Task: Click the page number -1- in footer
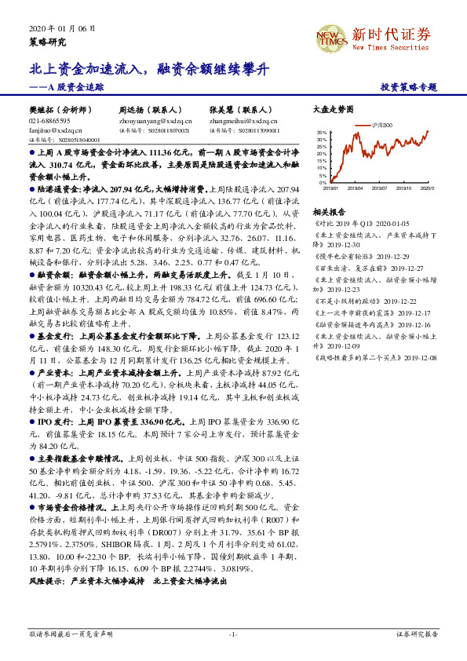(x=232, y=634)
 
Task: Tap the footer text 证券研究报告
(x=416, y=634)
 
